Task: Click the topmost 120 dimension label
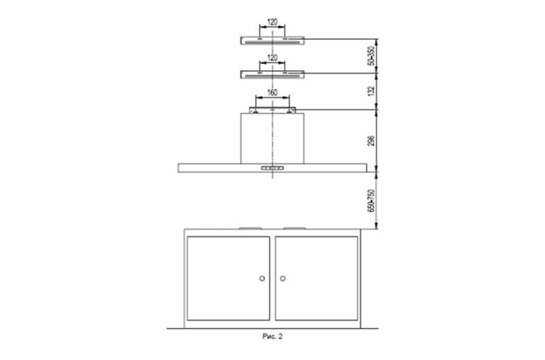(x=272, y=22)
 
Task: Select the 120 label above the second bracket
(x=272, y=58)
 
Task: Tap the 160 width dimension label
(x=272, y=93)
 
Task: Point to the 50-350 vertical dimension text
(x=371, y=56)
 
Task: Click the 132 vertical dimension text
(x=371, y=91)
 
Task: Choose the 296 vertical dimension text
(x=371, y=140)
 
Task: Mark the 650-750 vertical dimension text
(x=371, y=200)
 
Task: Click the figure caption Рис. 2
(x=272, y=336)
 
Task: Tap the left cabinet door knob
(x=262, y=278)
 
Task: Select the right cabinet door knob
(x=283, y=278)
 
